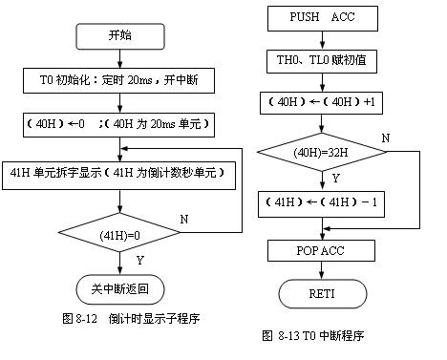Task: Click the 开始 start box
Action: (120, 36)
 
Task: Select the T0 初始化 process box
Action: (119, 80)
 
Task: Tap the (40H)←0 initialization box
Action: (119, 123)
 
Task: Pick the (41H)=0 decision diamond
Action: (119, 232)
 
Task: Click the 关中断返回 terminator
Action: (119, 286)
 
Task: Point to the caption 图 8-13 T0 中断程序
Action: (312, 335)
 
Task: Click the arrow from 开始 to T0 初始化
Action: (120, 59)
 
